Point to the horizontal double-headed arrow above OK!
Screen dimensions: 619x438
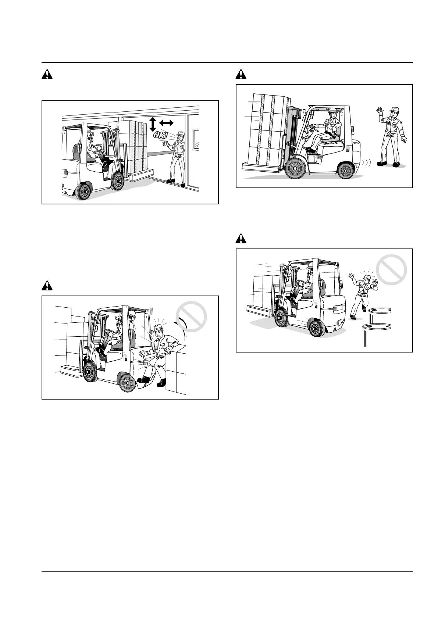[166, 122]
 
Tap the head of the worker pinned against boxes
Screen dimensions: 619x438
[159, 332]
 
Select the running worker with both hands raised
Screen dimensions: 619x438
[363, 294]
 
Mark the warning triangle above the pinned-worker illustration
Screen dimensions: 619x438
[47, 285]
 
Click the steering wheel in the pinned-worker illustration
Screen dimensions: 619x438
[110, 333]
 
